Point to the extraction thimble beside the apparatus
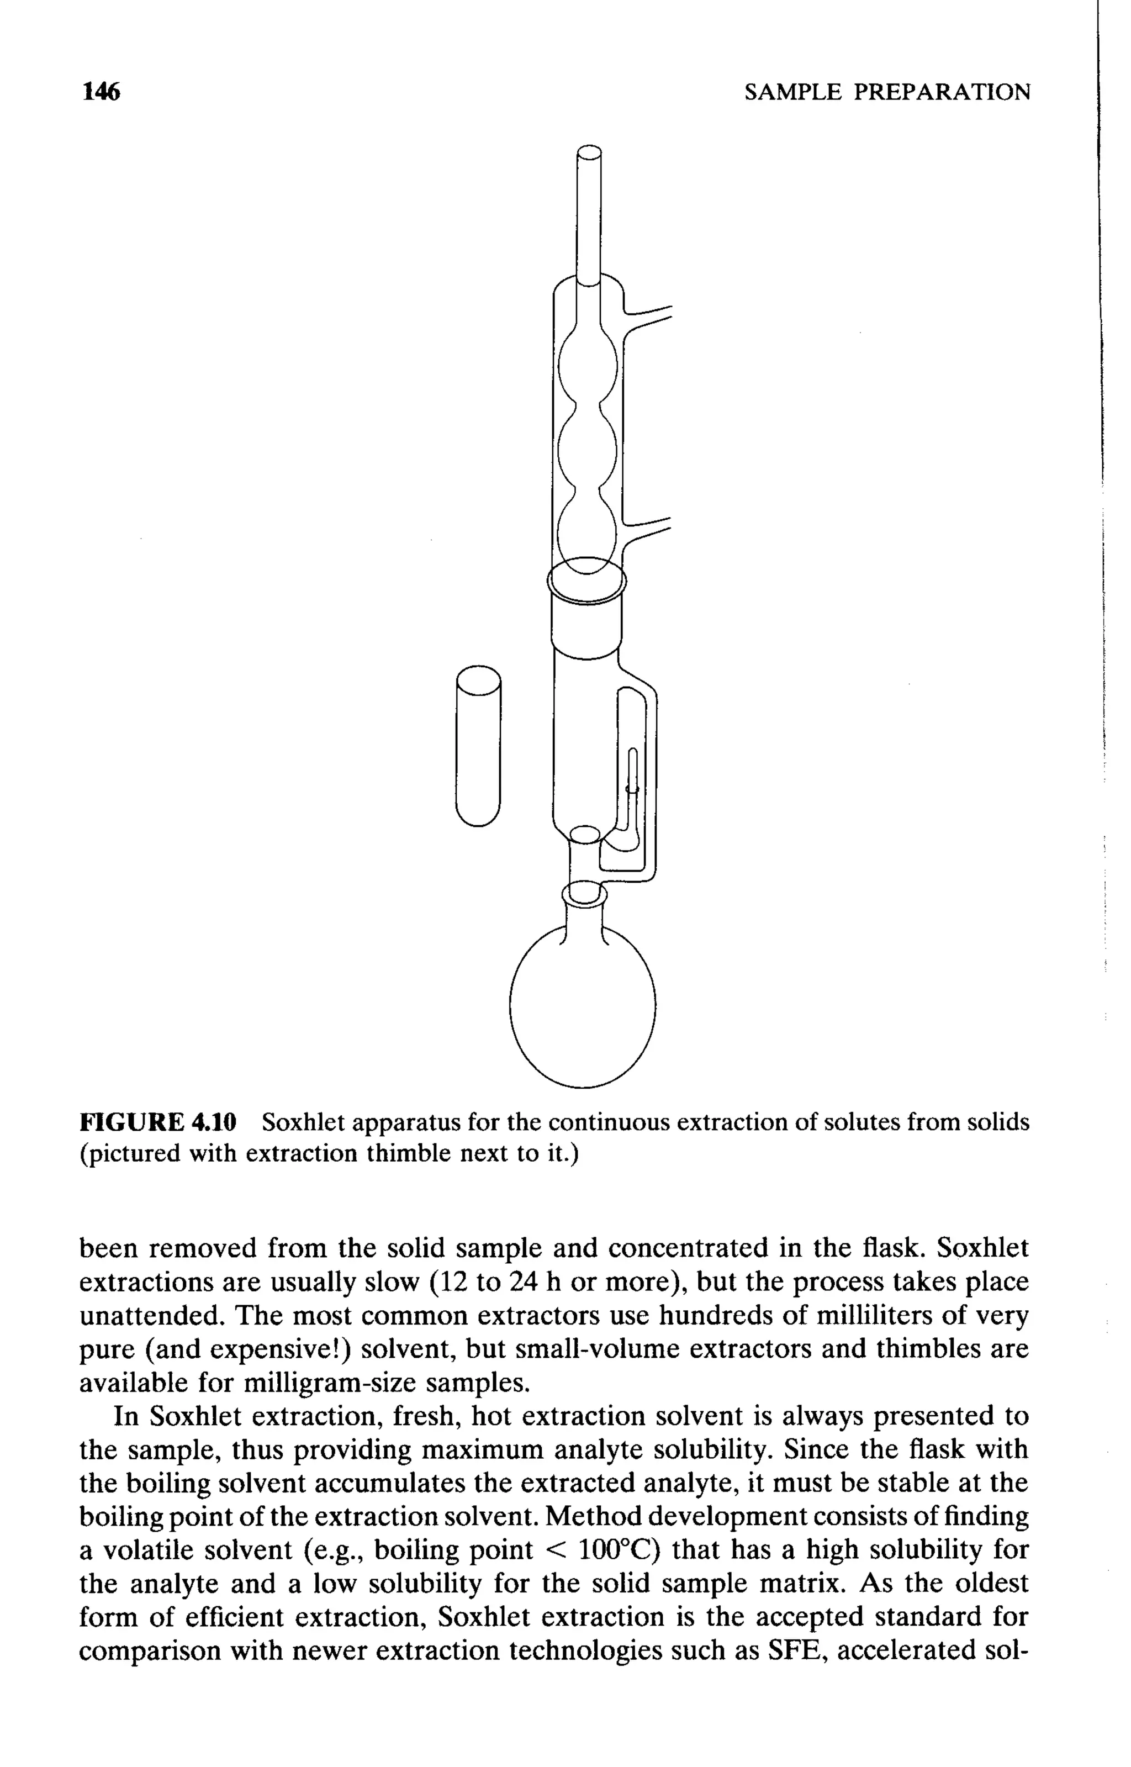tap(478, 746)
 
